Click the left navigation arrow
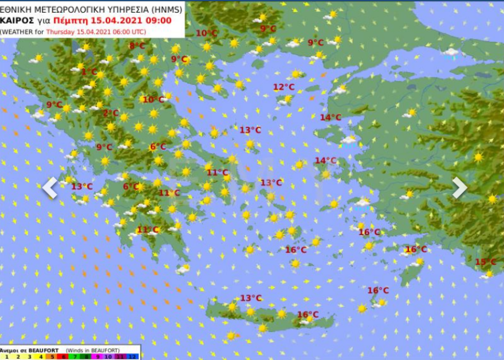coord(50,187)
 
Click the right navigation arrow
coord(459,187)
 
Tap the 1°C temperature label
coord(89,72)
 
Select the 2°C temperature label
coord(111,113)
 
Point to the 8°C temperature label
coord(137,46)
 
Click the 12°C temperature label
coord(283,87)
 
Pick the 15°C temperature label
coord(486,262)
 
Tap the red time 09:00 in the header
coord(159,20)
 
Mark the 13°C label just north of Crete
coord(251,298)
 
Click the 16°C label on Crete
coord(308,315)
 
